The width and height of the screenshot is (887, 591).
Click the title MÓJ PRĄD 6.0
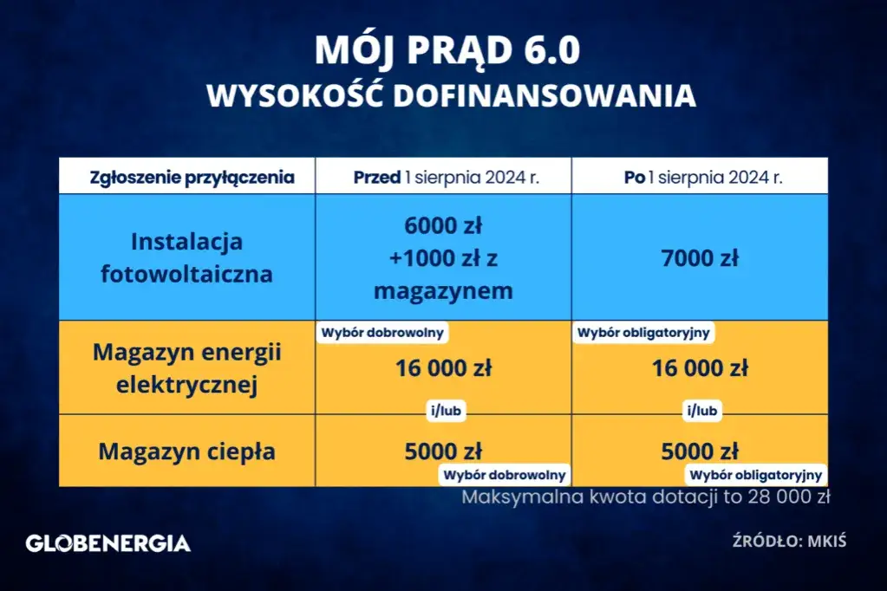(443, 51)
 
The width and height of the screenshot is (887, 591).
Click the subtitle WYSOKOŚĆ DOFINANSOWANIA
(451, 95)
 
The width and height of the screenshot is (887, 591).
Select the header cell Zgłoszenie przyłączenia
(192, 178)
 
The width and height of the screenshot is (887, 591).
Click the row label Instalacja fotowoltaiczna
(187, 257)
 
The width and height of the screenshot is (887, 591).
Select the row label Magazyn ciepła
(187, 451)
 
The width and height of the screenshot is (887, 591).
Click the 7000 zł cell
(700, 257)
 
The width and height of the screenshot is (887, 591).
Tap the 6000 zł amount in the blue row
(443, 226)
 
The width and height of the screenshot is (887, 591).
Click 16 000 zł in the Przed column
(443, 368)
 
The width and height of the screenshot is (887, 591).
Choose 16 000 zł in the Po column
(700, 368)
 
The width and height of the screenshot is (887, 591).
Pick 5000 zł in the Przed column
(443, 451)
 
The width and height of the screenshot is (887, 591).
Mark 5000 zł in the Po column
(700, 451)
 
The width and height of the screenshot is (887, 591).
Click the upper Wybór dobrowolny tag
(382, 332)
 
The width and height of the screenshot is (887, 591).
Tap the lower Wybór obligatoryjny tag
(755, 475)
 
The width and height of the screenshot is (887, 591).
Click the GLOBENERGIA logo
(108, 543)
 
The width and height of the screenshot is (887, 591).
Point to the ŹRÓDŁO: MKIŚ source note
(788, 542)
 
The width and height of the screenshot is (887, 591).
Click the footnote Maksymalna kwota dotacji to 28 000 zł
(646, 497)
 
